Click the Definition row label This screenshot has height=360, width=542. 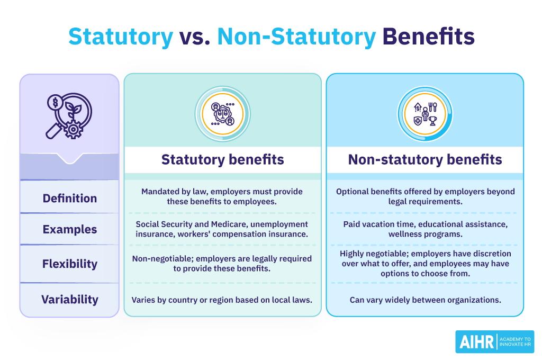click(x=70, y=199)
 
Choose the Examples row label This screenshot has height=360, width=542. click(x=70, y=230)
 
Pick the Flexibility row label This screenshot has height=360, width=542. click(x=70, y=263)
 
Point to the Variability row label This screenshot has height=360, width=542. click(x=70, y=299)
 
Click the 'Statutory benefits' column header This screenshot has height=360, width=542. click(x=222, y=159)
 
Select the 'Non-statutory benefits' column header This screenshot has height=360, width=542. click(x=425, y=159)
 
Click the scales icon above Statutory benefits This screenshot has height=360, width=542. click(x=222, y=114)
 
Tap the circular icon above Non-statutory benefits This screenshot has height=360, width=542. click(x=425, y=114)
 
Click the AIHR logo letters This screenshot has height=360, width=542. click(x=475, y=341)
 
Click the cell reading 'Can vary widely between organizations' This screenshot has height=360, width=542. click(x=425, y=300)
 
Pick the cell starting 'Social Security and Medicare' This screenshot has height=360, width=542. click(x=222, y=230)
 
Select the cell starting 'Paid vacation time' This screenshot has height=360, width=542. click(x=425, y=230)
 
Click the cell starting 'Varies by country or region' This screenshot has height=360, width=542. click(x=222, y=300)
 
